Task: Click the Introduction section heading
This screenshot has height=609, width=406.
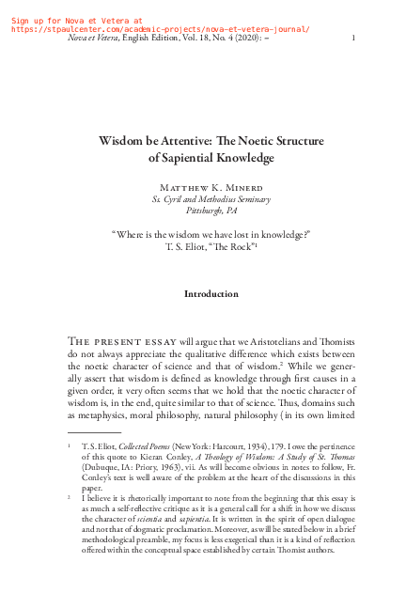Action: click(211, 294)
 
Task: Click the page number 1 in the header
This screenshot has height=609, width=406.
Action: click(352, 38)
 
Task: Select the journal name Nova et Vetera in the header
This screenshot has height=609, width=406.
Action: click(97, 38)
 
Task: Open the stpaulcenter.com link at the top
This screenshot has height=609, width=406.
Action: click(160, 28)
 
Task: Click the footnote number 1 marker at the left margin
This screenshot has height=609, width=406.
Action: click(70, 441)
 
